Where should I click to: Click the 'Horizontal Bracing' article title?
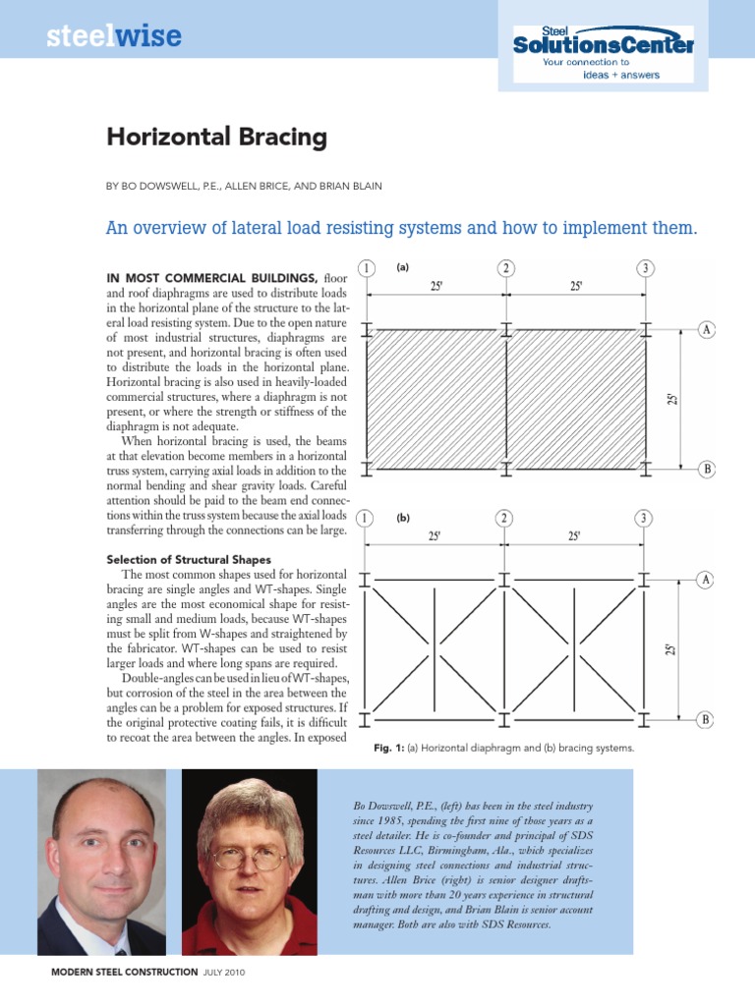[x=216, y=138]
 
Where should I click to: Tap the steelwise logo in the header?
[x=114, y=37]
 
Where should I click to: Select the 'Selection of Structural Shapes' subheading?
[x=189, y=559]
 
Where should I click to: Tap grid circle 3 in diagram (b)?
[x=643, y=518]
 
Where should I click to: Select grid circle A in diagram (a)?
[x=706, y=329]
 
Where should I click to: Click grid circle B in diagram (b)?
[x=706, y=720]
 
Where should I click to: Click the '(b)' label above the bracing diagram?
[x=403, y=518]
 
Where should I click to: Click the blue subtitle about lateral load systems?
[x=401, y=229]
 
